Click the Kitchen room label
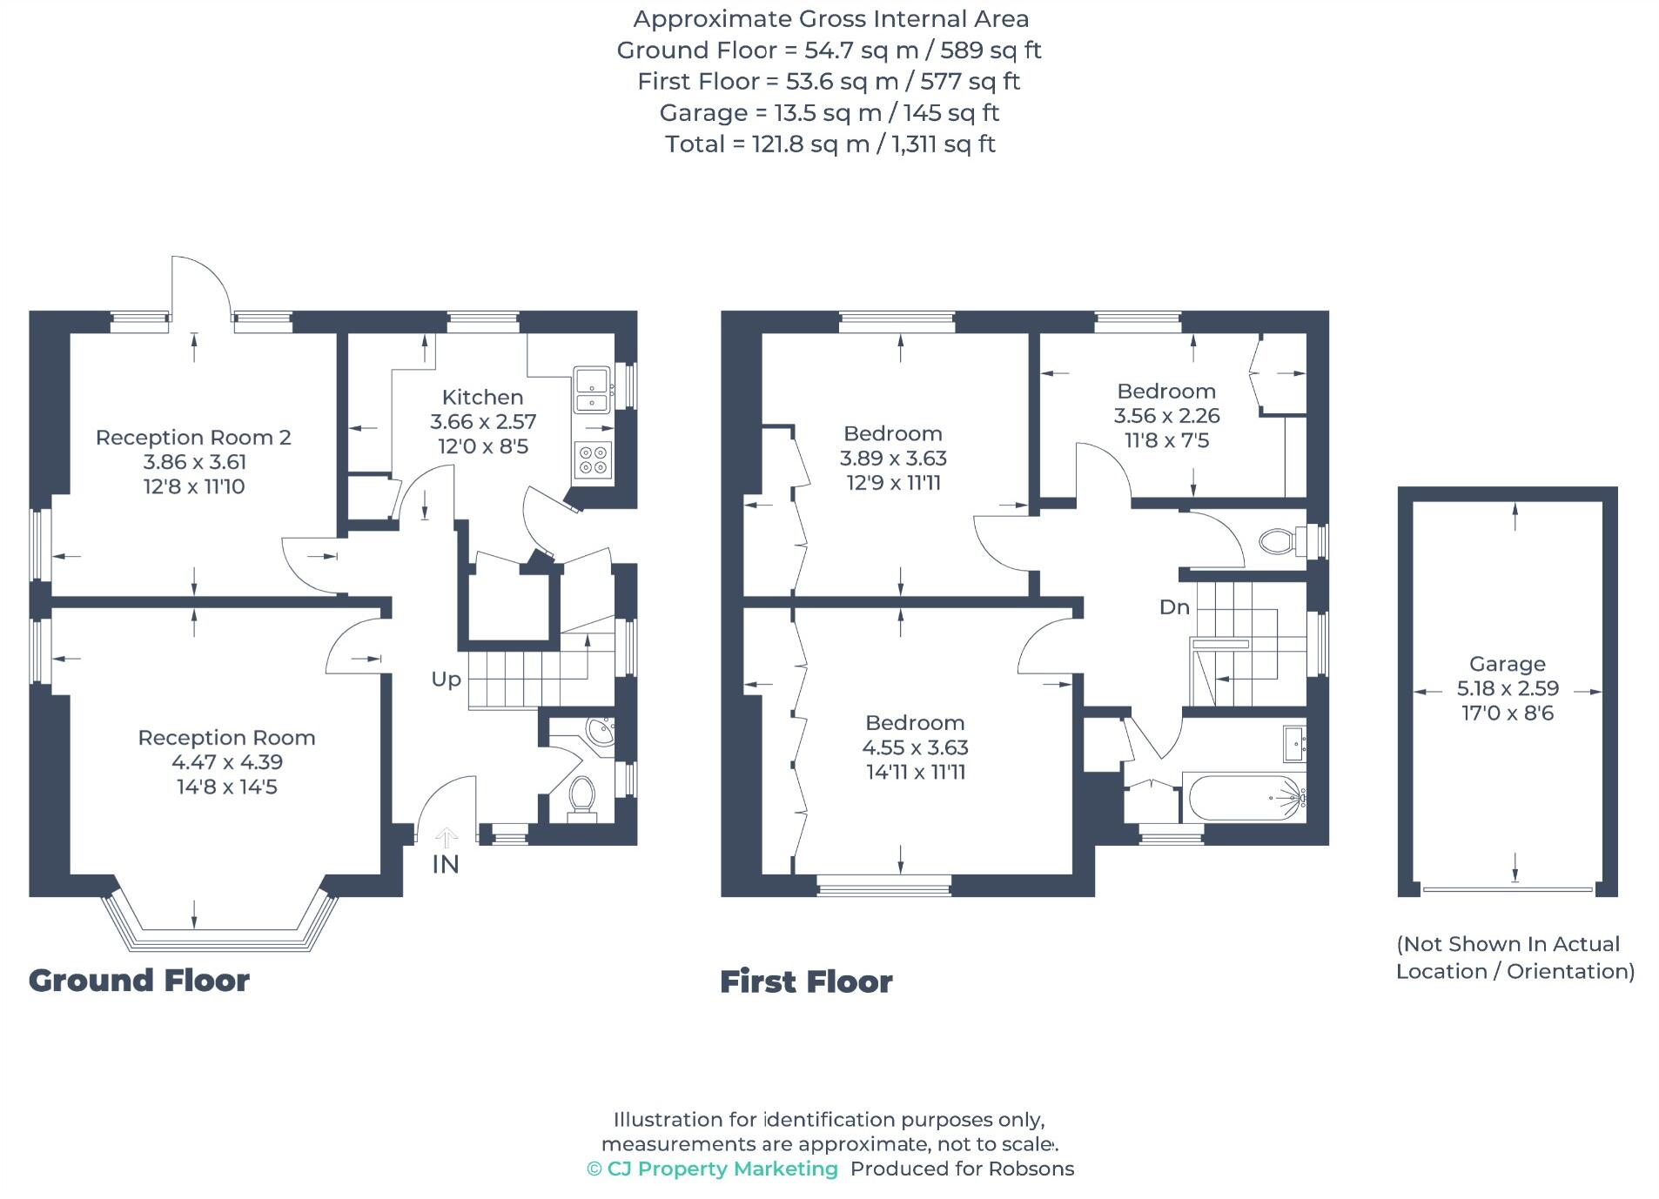point(482,398)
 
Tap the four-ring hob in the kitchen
point(594,460)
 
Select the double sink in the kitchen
point(592,389)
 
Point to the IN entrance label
point(445,864)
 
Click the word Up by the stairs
point(446,680)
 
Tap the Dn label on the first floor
point(1174,607)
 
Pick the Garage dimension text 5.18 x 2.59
point(1508,688)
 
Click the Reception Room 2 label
point(193,438)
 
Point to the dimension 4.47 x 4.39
point(227,762)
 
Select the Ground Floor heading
point(139,981)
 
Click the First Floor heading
point(806,982)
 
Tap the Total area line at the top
point(829,144)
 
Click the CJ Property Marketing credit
point(713,1169)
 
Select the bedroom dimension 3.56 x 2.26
point(1166,416)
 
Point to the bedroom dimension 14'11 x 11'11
point(916,772)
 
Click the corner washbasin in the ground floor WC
point(600,731)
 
